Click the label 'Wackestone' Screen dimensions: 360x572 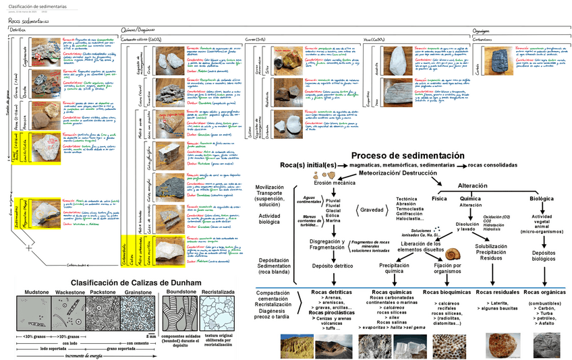tap(69, 293)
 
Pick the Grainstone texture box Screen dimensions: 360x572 tap(138, 314)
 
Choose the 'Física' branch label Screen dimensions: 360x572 tap(439, 199)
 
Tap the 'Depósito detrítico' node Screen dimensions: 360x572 tap(334, 266)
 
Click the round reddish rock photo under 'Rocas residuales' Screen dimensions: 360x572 tap(501, 344)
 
